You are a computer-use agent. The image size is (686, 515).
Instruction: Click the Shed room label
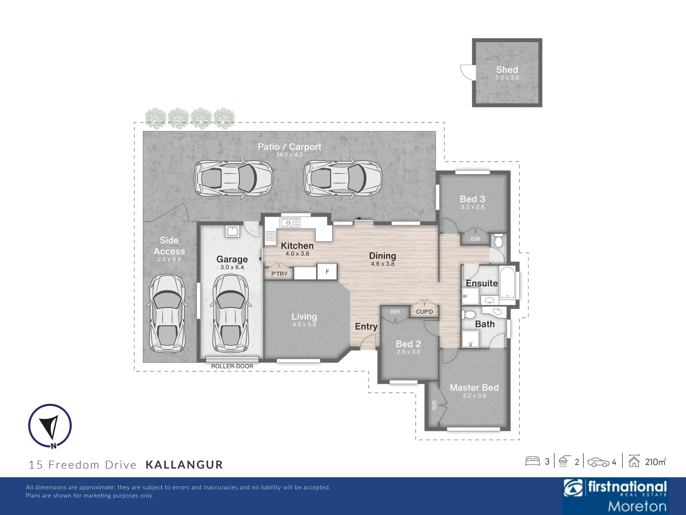[x=507, y=70]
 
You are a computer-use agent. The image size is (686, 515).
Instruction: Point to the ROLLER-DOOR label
[x=232, y=366]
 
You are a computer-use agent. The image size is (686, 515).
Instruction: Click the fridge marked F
[x=327, y=272]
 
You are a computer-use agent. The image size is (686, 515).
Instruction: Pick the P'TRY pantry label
[x=279, y=274]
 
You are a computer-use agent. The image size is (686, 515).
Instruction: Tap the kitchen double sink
[x=290, y=223]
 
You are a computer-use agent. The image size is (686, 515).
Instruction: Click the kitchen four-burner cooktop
[x=270, y=236]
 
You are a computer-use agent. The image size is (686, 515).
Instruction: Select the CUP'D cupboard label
[x=424, y=312]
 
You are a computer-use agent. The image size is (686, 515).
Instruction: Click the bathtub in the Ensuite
[x=507, y=283]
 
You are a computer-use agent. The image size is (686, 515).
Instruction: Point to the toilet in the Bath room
[x=468, y=315]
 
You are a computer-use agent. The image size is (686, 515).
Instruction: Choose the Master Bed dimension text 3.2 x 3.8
[x=474, y=396]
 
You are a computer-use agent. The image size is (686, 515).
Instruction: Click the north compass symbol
[x=50, y=426]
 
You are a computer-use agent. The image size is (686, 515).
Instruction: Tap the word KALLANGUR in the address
[x=184, y=465]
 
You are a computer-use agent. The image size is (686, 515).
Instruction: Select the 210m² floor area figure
[x=656, y=462]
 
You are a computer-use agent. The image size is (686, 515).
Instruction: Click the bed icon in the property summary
[x=532, y=461]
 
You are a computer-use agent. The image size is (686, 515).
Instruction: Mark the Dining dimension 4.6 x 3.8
[x=383, y=264]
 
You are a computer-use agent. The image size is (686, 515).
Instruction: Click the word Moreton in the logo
[x=637, y=506]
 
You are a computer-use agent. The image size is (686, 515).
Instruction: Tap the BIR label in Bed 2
[x=395, y=312]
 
